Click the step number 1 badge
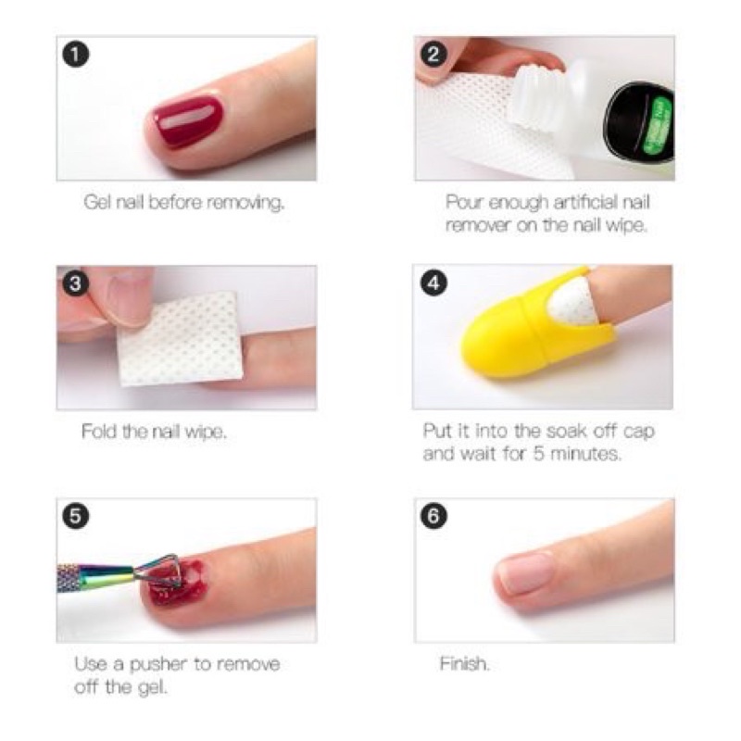coord(76,55)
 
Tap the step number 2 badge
coord(433,55)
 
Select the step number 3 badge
coord(76,283)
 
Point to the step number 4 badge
coord(433,283)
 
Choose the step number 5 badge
coord(76,516)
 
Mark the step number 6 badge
coord(433,516)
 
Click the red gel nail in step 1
coord(188,120)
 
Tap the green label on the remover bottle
coord(658,126)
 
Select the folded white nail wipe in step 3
coord(181,338)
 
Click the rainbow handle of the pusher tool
coord(94,576)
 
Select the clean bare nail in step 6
coord(525,573)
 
